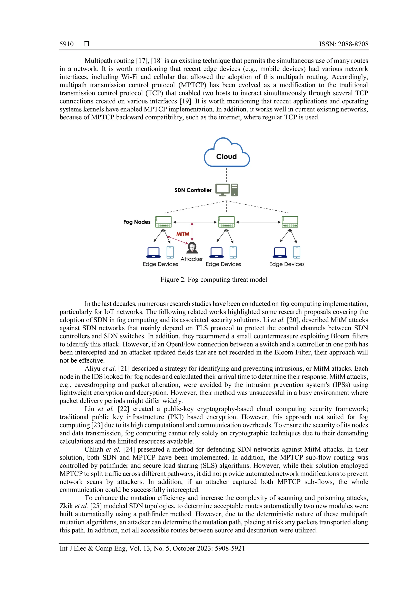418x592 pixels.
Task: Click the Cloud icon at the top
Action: pos(227,153)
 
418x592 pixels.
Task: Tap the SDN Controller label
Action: pos(193,190)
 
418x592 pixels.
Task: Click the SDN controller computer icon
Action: pos(227,190)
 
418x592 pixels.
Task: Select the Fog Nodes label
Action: pos(137,222)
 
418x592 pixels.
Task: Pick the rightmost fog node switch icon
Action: pos(290,222)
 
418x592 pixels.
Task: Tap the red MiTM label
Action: pos(183,234)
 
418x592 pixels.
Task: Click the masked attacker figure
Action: pos(192,248)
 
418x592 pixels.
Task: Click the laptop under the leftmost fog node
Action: pos(153,253)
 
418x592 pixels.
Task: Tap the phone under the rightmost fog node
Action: pos(297,252)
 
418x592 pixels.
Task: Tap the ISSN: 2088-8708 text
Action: pos(344,44)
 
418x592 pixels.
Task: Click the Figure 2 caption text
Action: pos(214,280)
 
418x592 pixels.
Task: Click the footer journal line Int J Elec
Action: pos(152,548)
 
